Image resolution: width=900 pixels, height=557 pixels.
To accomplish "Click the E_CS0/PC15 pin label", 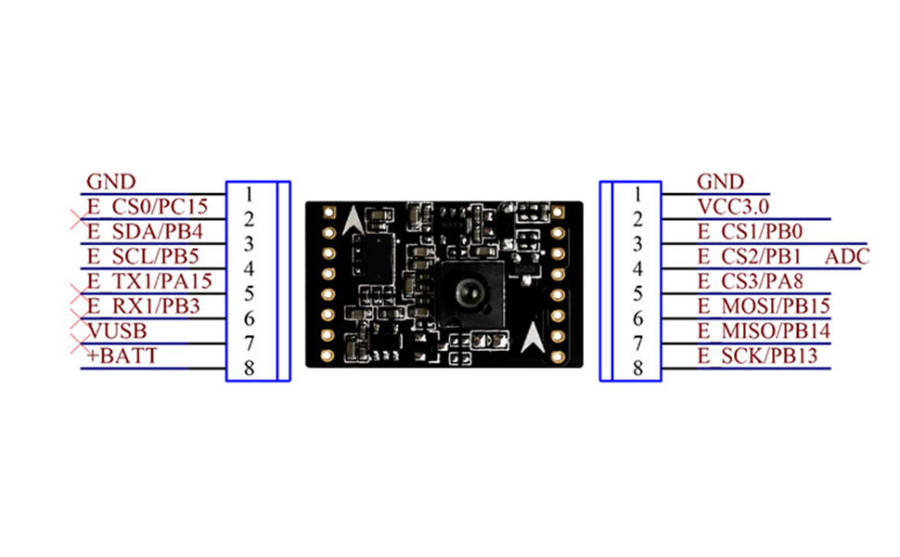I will [147, 206].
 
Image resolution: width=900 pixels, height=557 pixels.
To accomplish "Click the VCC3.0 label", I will [733, 206].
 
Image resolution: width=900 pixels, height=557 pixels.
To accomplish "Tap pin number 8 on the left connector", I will [249, 369].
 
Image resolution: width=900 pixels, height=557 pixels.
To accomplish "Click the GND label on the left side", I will [110, 182].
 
